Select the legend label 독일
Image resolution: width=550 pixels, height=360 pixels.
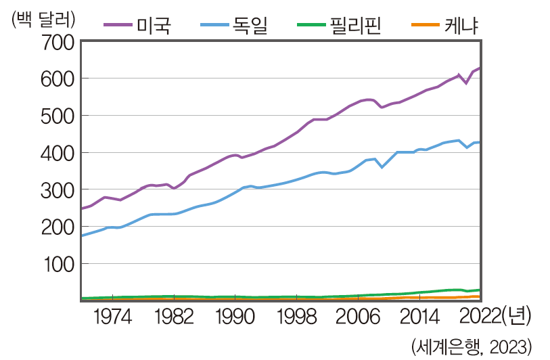tap(251, 26)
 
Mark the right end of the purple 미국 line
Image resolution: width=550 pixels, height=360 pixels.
tap(480, 68)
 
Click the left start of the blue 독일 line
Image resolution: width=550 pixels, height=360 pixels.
tap(82, 235)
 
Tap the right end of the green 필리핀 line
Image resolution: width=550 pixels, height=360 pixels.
tap(480, 290)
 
